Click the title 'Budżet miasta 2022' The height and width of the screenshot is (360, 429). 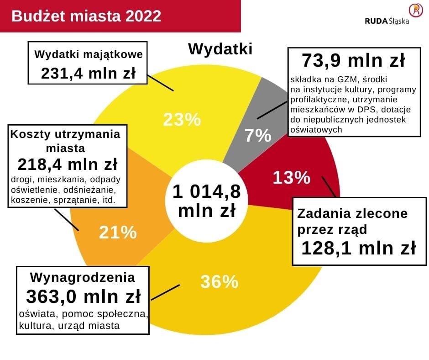[x=86, y=16]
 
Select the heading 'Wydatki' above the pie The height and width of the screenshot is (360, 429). [x=220, y=49]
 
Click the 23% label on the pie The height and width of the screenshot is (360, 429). [x=182, y=120]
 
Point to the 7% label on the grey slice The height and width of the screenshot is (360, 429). [x=258, y=136]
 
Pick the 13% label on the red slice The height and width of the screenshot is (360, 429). [x=291, y=177]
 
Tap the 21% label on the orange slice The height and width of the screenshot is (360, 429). [x=118, y=233]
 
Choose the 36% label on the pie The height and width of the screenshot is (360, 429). [x=219, y=282]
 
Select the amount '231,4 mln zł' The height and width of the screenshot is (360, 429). [x=88, y=73]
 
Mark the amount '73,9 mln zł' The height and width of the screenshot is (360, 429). [x=353, y=60]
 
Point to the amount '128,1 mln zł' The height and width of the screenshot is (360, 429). [x=358, y=248]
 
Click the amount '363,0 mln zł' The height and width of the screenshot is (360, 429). [x=83, y=296]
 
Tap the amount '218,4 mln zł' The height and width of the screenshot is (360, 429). [x=68, y=164]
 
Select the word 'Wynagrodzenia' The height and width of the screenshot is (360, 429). [x=83, y=277]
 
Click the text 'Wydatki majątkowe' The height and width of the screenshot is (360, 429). [x=89, y=54]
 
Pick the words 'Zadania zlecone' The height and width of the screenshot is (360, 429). [x=352, y=213]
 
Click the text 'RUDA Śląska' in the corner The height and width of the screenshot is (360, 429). [x=387, y=21]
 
